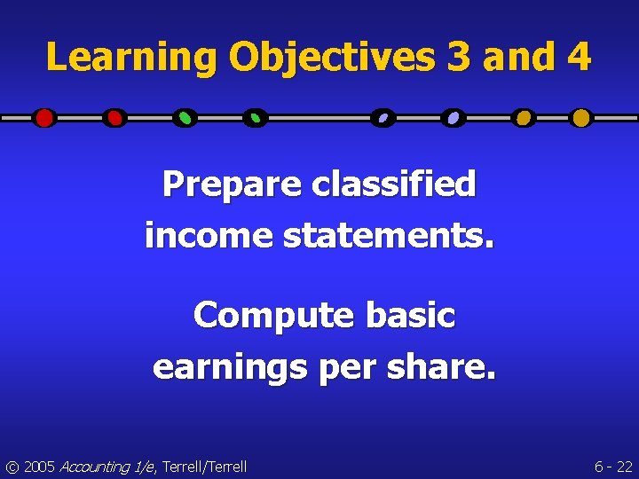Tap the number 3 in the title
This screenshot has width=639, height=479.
click(459, 58)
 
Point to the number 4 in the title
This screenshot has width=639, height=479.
click(577, 58)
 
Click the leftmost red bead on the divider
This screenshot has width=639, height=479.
click(44, 118)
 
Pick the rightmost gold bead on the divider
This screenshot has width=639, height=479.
click(580, 118)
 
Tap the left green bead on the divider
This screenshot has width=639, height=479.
click(185, 118)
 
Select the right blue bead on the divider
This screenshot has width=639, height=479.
click(454, 118)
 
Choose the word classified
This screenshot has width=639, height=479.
click(394, 185)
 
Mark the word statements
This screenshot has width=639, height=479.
click(383, 236)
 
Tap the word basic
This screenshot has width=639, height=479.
click(413, 315)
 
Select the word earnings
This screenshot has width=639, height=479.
click(227, 366)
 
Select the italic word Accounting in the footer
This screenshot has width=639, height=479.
click(95, 467)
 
